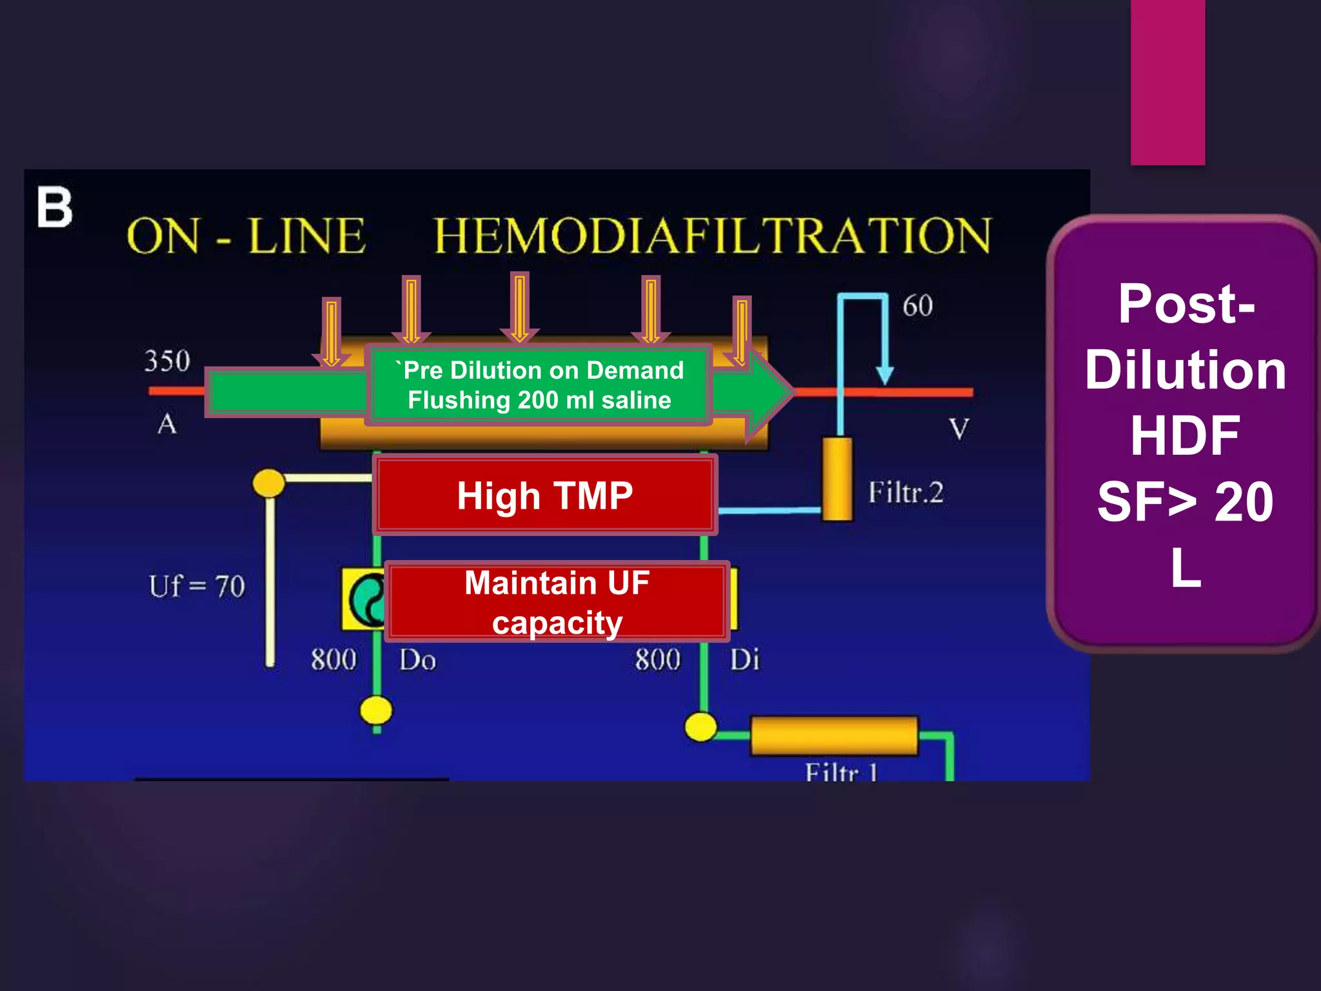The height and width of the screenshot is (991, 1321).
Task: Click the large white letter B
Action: coord(54,207)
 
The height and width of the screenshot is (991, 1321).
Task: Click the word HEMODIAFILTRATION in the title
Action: coord(712,235)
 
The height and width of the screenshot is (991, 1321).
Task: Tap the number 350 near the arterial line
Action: coord(167,361)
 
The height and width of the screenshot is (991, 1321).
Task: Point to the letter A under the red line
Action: coord(167,424)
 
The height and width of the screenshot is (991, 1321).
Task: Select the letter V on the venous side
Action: coord(958,429)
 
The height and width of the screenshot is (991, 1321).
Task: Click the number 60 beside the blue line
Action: coord(917,306)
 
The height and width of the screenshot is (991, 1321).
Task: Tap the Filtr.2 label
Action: coord(905,493)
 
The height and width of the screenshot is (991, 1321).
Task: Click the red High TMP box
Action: coord(545,495)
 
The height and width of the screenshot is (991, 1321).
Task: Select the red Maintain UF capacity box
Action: coord(557,602)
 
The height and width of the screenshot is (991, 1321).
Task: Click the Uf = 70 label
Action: coord(197,586)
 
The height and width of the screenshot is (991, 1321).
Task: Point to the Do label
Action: coord(417,660)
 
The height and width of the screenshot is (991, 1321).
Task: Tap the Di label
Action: coord(744,660)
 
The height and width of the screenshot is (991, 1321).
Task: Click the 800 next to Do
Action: coord(333,660)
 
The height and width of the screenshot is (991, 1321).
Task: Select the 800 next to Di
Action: coord(657,660)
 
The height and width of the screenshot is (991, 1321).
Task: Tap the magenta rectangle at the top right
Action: coord(1167,82)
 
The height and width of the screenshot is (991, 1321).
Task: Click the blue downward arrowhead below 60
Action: coord(885,375)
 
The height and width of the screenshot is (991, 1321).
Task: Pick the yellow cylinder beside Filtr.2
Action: coord(837,479)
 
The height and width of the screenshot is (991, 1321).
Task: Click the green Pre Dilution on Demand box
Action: coord(539,385)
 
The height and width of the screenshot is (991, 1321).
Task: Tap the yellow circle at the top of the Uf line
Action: coord(268,482)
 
